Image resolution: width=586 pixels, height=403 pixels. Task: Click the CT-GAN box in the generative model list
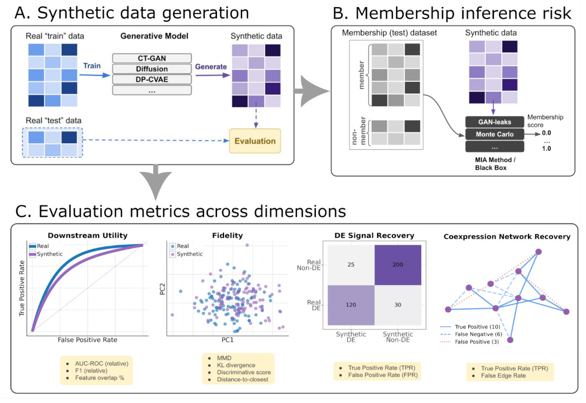click(152, 58)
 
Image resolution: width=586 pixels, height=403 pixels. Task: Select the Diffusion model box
click(152, 69)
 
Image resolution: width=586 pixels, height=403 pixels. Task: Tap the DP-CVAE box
click(152, 80)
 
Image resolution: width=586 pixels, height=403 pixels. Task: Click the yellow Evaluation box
click(255, 140)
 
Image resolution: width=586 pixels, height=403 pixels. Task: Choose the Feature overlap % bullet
click(100, 376)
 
